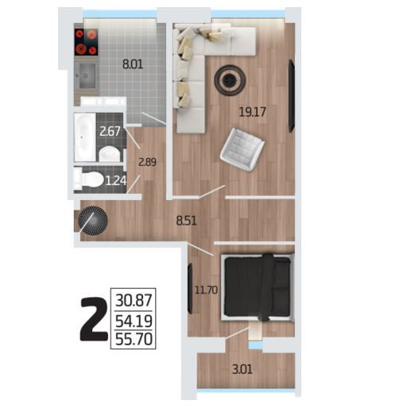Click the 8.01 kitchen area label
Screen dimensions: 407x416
click(133, 64)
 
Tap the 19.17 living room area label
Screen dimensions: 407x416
click(252, 112)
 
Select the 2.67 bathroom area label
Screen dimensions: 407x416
click(110, 131)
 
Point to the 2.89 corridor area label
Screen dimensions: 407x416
click(147, 162)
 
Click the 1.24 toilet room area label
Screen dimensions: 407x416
click(116, 181)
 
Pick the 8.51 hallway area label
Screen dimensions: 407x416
click(187, 221)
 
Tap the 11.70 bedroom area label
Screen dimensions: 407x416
click(206, 290)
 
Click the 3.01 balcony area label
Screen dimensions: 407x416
click(242, 369)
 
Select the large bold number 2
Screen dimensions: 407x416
click(94, 319)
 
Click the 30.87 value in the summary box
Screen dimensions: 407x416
click(134, 301)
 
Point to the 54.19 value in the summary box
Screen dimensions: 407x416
click(134, 321)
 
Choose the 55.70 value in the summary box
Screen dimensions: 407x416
click(134, 339)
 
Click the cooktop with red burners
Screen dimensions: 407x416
click(86, 42)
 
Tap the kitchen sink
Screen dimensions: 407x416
click(87, 75)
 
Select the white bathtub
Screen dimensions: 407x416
click(85, 137)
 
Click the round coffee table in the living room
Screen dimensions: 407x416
click(230, 79)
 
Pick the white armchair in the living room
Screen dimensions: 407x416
click(242, 149)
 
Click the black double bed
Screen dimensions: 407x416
click(258, 287)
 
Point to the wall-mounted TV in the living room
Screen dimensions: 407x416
click(292, 96)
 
